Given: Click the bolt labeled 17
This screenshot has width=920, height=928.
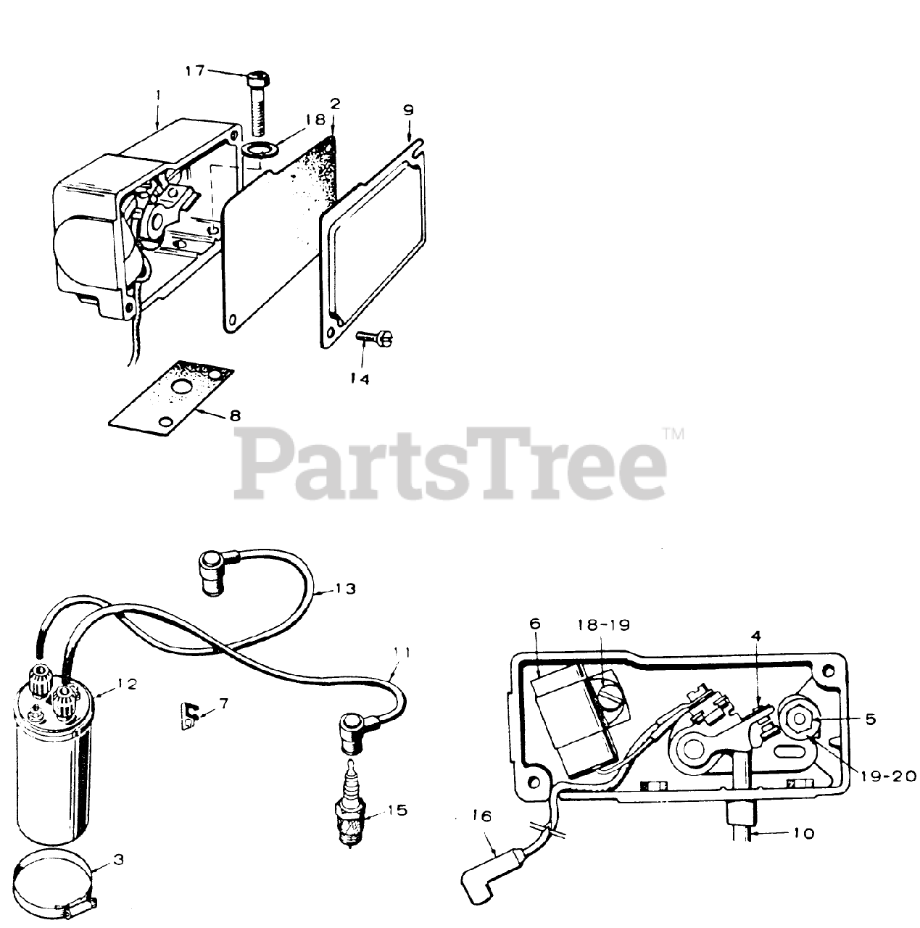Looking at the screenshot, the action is pos(260,104).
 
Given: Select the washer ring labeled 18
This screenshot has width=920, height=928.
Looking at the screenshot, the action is pos(260,150).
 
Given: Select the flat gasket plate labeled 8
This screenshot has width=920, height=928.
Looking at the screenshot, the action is pos(171,398).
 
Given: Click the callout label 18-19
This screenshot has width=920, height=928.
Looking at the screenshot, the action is pos(604,625).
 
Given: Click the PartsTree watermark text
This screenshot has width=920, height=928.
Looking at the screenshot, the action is pos(450,464).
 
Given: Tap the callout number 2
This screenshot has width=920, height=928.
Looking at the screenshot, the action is pos(335,104).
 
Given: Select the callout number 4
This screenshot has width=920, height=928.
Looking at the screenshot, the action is pos(756,636).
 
